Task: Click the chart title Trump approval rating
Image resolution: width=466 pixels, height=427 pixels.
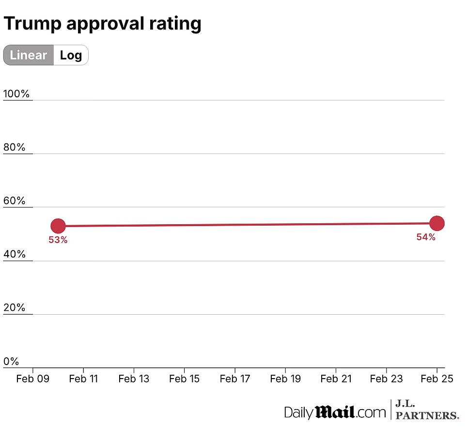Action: pos(102,23)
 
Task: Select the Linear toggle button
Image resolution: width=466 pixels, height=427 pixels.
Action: pos(29,55)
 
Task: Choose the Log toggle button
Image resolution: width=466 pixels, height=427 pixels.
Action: pos(71,55)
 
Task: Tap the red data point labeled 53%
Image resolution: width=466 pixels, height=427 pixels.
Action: pos(58,226)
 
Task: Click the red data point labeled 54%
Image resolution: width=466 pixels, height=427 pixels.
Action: pos(437,223)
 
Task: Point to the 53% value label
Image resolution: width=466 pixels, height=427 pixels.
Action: pos(58,239)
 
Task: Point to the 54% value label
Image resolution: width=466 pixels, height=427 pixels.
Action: pos(426,237)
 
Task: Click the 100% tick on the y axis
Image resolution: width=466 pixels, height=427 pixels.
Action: pos(16,94)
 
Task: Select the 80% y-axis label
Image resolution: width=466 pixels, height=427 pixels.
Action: pos(15,148)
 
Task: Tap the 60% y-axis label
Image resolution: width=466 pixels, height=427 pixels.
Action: pos(15,201)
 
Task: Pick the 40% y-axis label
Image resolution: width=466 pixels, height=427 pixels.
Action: pos(15,255)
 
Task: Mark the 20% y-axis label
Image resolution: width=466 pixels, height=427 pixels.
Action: pos(15,308)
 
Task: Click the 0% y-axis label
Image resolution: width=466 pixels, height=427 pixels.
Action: pos(11,362)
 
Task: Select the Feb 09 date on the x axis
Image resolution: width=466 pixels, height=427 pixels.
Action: pos(31,379)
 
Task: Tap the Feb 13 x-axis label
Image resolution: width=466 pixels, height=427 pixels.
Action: pos(134,379)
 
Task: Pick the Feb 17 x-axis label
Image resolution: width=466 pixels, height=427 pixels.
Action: pos(234,379)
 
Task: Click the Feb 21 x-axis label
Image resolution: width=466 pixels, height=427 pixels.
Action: pos(336,379)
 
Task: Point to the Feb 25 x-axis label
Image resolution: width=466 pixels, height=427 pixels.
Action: pos(437,379)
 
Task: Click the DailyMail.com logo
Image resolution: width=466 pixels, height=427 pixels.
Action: pos(334,412)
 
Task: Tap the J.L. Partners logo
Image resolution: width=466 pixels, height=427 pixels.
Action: pos(427,410)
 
